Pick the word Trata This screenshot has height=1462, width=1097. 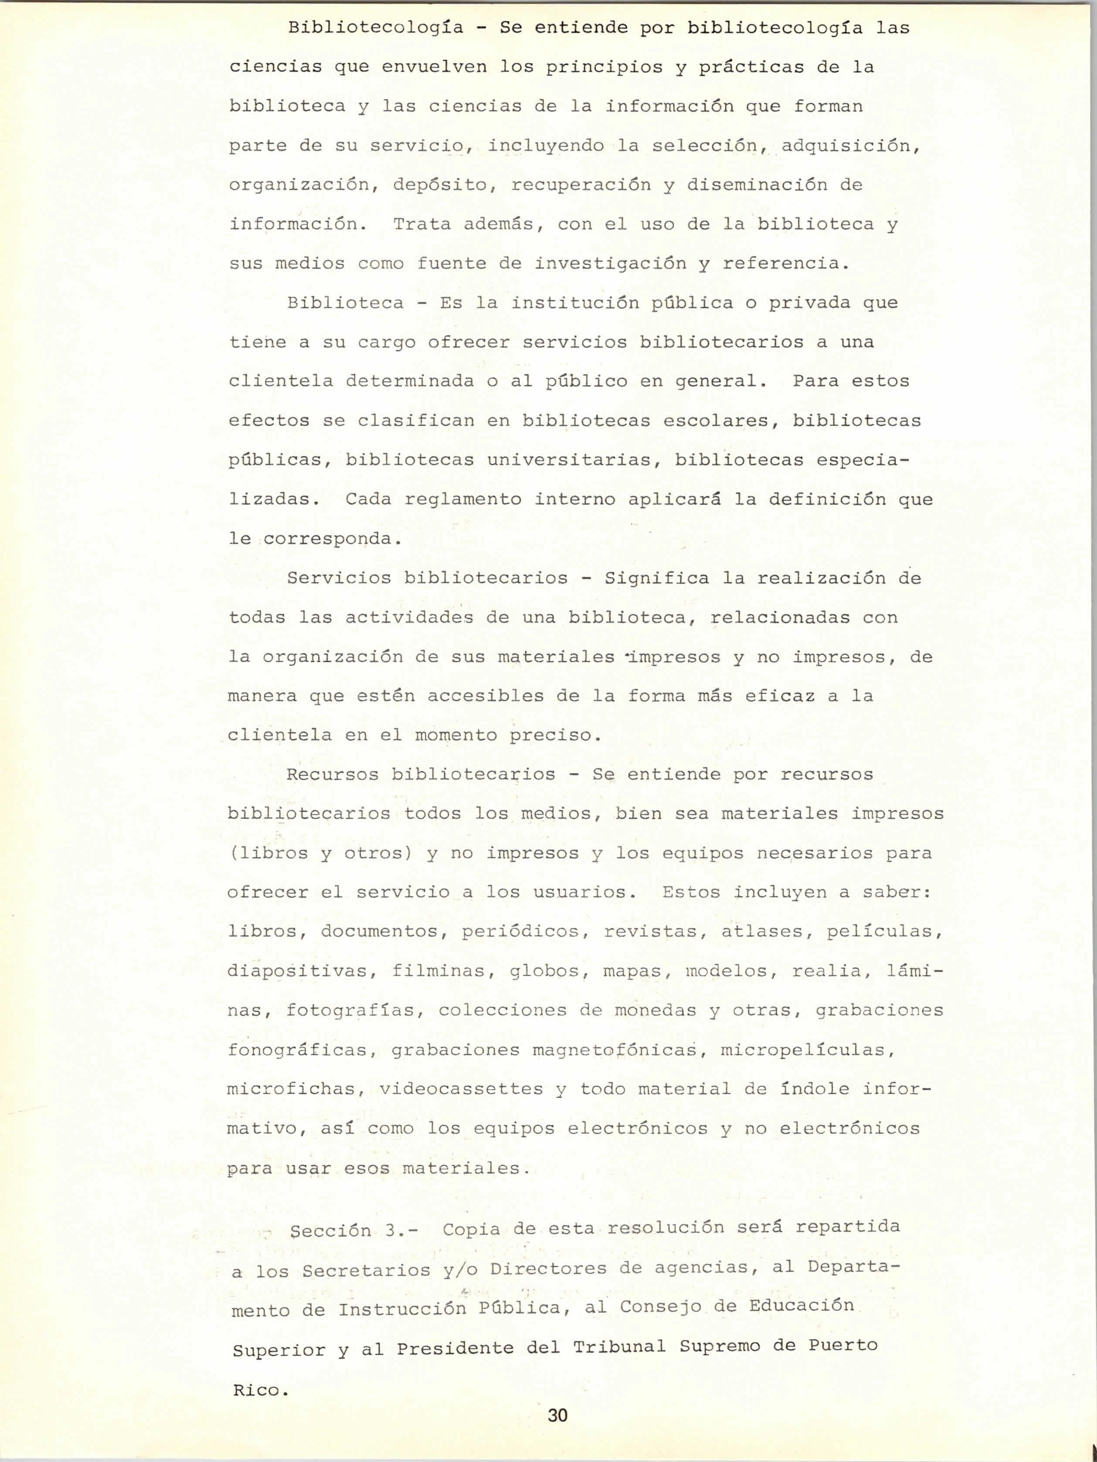(422, 224)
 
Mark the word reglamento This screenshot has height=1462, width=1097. (463, 499)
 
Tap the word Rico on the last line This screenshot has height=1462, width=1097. (257, 1390)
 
